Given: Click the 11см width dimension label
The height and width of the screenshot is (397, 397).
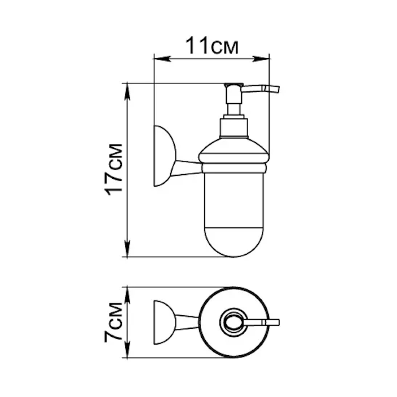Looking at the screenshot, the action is pyautogui.click(x=212, y=46).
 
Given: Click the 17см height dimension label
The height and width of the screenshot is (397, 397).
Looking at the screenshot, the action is pyautogui.click(x=114, y=170).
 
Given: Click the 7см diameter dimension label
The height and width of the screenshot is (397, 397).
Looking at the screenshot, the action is pyautogui.click(x=114, y=322).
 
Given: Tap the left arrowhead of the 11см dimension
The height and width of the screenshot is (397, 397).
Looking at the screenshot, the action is pyautogui.click(x=162, y=59).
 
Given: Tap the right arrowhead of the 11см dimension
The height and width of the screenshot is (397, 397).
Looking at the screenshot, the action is pyautogui.click(x=261, y=59).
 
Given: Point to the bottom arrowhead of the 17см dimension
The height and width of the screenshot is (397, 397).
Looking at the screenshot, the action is pyautogui.click(x=127, y=249).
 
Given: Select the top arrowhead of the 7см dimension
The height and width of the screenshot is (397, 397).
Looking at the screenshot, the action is pyautogui.click(x=127, y=295).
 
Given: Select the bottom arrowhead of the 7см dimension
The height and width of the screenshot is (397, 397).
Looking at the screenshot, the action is pyautogui.click(x=127, y=350).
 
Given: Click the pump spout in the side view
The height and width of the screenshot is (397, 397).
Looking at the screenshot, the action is pyautogui.click(x=260, y=89).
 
